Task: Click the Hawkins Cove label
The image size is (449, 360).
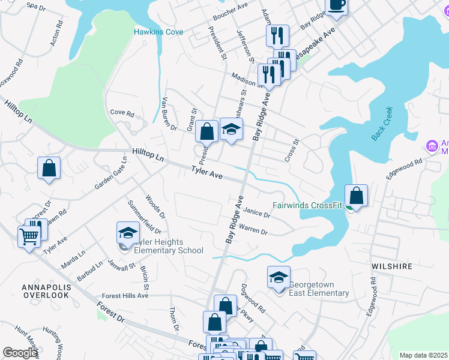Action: click(x=158, y=31)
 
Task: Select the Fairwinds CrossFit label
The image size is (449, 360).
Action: click(x=307, y=205)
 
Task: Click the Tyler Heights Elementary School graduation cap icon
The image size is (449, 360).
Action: click(x=128, y=233)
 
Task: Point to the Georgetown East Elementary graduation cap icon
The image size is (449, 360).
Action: click(x=279, y=277)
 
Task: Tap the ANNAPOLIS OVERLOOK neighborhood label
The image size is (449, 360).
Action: click(x=47, y=292)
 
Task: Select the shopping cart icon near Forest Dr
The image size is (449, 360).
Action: click(x=29, y=237)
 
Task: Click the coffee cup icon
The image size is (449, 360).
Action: click(x=337, y=5)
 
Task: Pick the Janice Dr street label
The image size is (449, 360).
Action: click(x=258, y=213)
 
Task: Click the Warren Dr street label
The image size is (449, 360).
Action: click(x=253, y=229)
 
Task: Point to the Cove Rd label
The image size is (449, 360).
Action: click(x=122, y=112)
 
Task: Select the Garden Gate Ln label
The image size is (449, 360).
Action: click(x=111, y=175)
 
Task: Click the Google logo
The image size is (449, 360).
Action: click(x=20, y=353)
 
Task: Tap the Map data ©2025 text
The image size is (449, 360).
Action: click(x=423, y=355)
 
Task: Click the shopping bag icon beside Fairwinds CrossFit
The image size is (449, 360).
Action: click(x=356, y=196)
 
